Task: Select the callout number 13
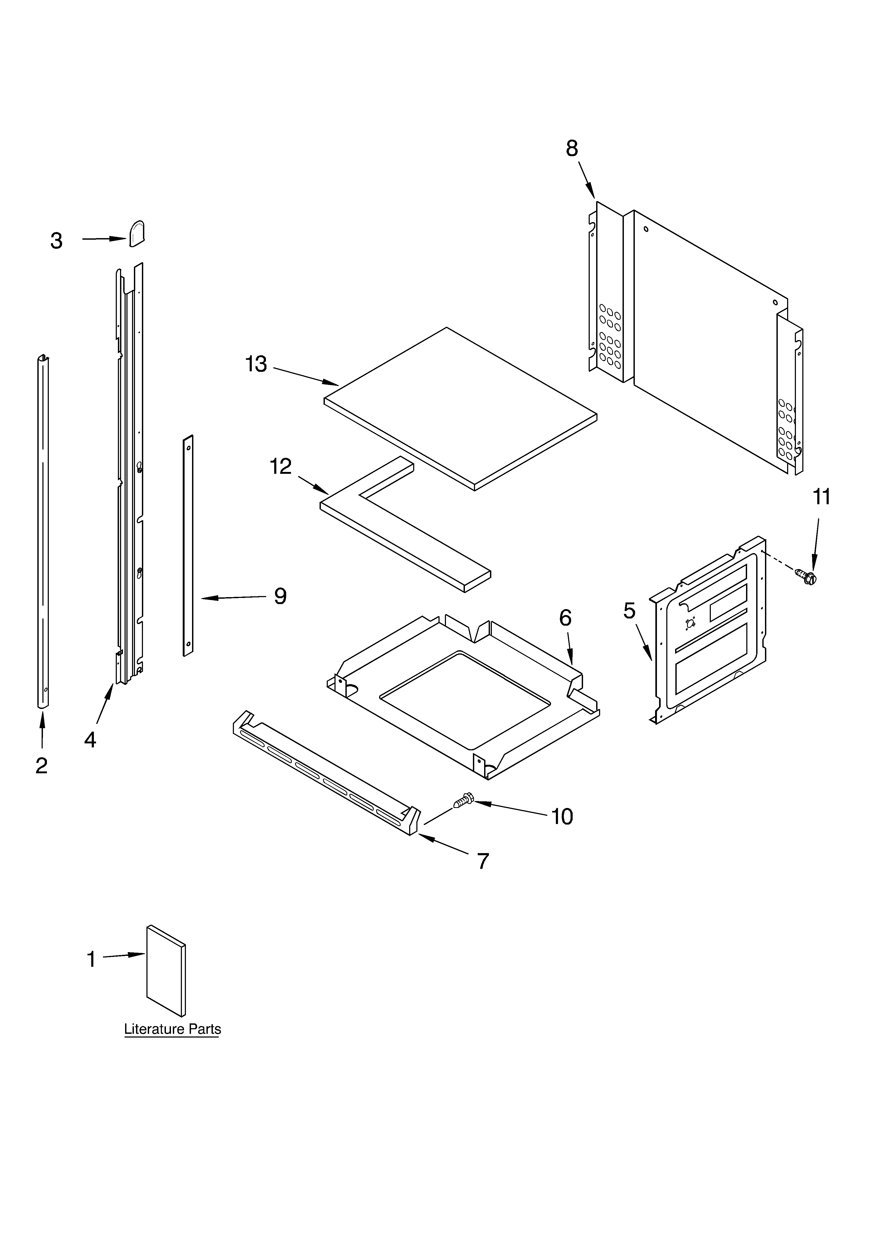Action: pos(256,364)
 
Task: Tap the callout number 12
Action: pos(281,466)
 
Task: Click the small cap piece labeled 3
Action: pos(137,234)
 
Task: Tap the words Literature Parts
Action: pos(172,1029)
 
